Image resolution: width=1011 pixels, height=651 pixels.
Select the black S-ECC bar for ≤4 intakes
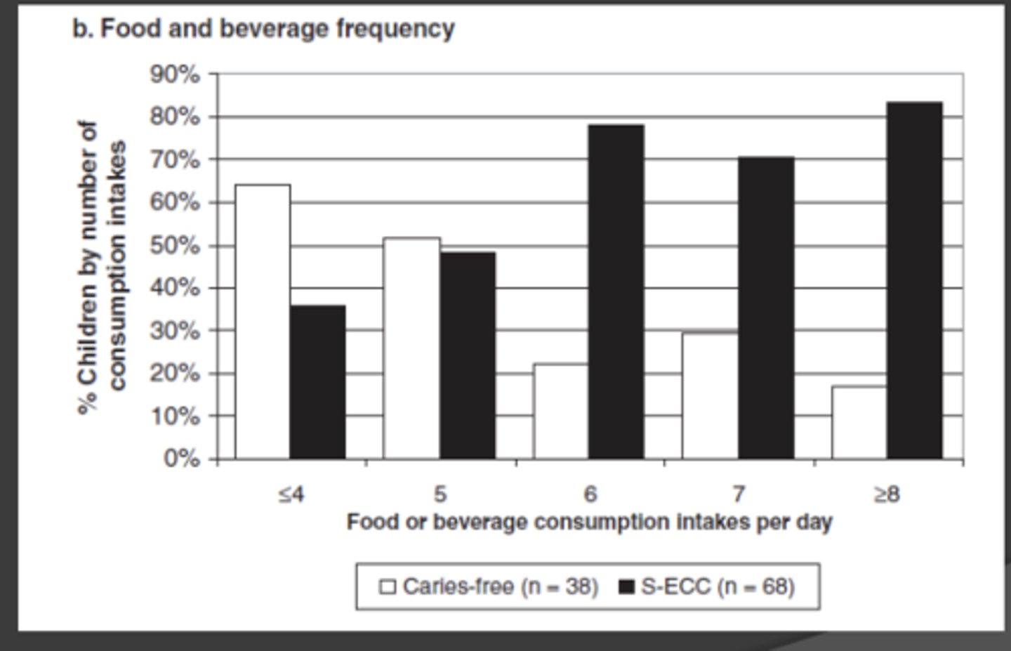tap(317, 382)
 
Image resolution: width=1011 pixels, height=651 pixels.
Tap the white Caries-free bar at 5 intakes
tap(411, 348)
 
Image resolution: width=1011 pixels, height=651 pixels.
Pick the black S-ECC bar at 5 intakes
tap(467, 355)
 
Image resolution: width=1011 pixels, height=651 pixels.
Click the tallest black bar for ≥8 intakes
tap(914, 280)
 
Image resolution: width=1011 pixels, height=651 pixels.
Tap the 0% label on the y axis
tap(181, 459)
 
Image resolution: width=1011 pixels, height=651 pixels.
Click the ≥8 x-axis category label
tap(887, 494)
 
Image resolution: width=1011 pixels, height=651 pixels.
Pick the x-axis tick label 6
tap(590, 494)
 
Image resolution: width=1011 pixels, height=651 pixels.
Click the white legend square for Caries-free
tap(388, 586)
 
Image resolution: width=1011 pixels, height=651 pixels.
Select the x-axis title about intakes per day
tap(589, 522)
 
